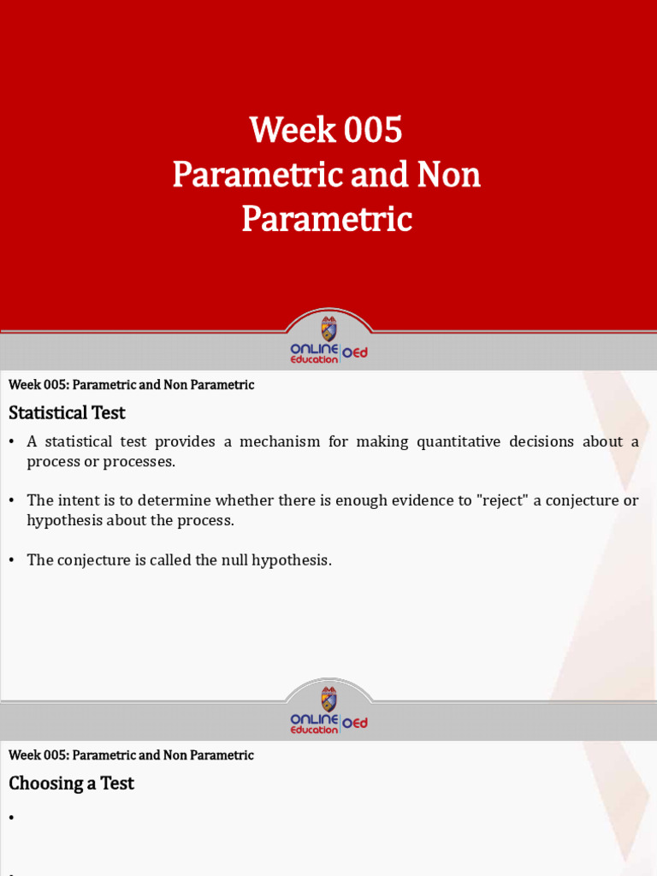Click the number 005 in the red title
pyautogui.click(x=372, y=131)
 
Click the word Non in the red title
pyautogui.click(x=449, y=175)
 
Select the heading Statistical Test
pyautogui.click(x=67, y=412)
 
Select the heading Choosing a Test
pyautogui.click(x=71, y=783)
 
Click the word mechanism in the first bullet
pyautogui.click(x=280, y=441)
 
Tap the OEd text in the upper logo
pyautogui.click(x=355, y=352)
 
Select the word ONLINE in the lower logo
pyautogui.click(x=314, y=719)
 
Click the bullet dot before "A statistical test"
pyautogui.click(x=12, y=442)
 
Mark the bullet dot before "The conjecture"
pyautogui.click(x=12, y=561)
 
